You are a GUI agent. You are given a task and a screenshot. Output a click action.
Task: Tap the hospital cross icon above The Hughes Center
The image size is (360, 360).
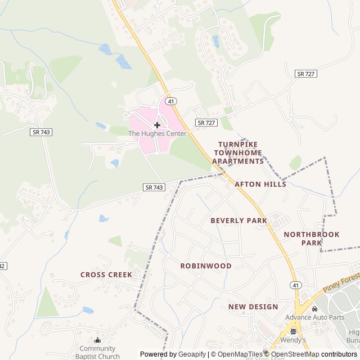157,125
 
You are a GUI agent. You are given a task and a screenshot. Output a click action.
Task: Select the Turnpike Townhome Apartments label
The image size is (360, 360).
238,153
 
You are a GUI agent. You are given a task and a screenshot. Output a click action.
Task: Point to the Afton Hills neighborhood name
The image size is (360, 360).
260,184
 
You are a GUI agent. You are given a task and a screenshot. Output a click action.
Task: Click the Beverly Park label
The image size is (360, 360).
238,220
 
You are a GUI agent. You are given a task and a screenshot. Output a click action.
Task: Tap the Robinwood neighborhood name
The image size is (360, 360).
206,265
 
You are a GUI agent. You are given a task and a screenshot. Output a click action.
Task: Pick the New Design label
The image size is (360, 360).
253,307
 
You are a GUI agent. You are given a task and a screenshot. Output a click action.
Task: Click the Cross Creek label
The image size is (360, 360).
106,274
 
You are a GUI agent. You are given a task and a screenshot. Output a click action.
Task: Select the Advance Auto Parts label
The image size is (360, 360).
314,317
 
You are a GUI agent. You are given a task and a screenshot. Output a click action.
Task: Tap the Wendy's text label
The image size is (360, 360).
293,340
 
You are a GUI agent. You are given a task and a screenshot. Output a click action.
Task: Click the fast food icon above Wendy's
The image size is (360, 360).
293,331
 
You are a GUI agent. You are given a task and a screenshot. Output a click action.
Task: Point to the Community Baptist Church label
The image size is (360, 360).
97,352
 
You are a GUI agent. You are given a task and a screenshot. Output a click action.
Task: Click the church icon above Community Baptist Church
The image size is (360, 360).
98,340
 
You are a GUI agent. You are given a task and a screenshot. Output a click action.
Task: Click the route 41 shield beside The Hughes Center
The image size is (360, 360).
172,101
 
